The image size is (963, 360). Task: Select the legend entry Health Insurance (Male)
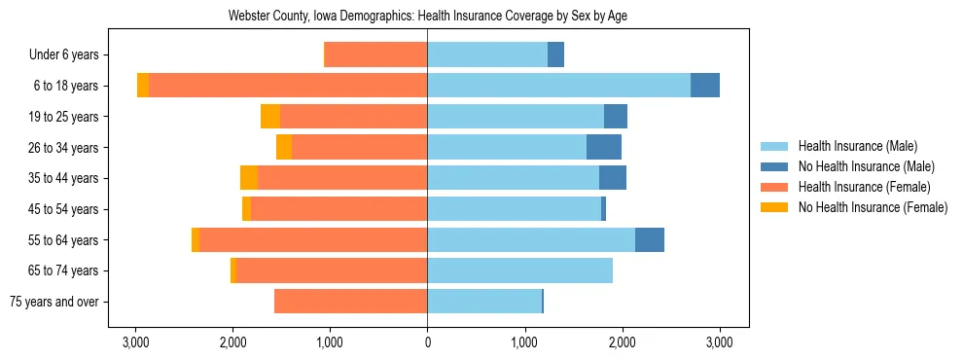pos(857,146)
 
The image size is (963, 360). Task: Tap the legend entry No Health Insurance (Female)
pos(873,207)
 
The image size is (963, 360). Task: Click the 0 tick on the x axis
pos(427,342)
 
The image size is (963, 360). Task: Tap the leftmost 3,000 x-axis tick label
pos(135,342)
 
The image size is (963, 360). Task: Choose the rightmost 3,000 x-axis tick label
pos(719,342)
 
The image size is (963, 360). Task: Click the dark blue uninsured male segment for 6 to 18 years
pos(705,86)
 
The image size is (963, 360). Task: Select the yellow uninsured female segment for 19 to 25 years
pos(270,117)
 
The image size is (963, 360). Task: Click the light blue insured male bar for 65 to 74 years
pos(519,270)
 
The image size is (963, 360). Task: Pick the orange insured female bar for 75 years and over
pos(350,302)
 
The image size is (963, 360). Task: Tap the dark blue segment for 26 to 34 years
pos(604,147)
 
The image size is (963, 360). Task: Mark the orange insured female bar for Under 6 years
pos(376,55)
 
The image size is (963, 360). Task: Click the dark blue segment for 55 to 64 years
pos(650,239)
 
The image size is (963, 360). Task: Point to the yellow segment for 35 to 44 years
pos(249,178)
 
